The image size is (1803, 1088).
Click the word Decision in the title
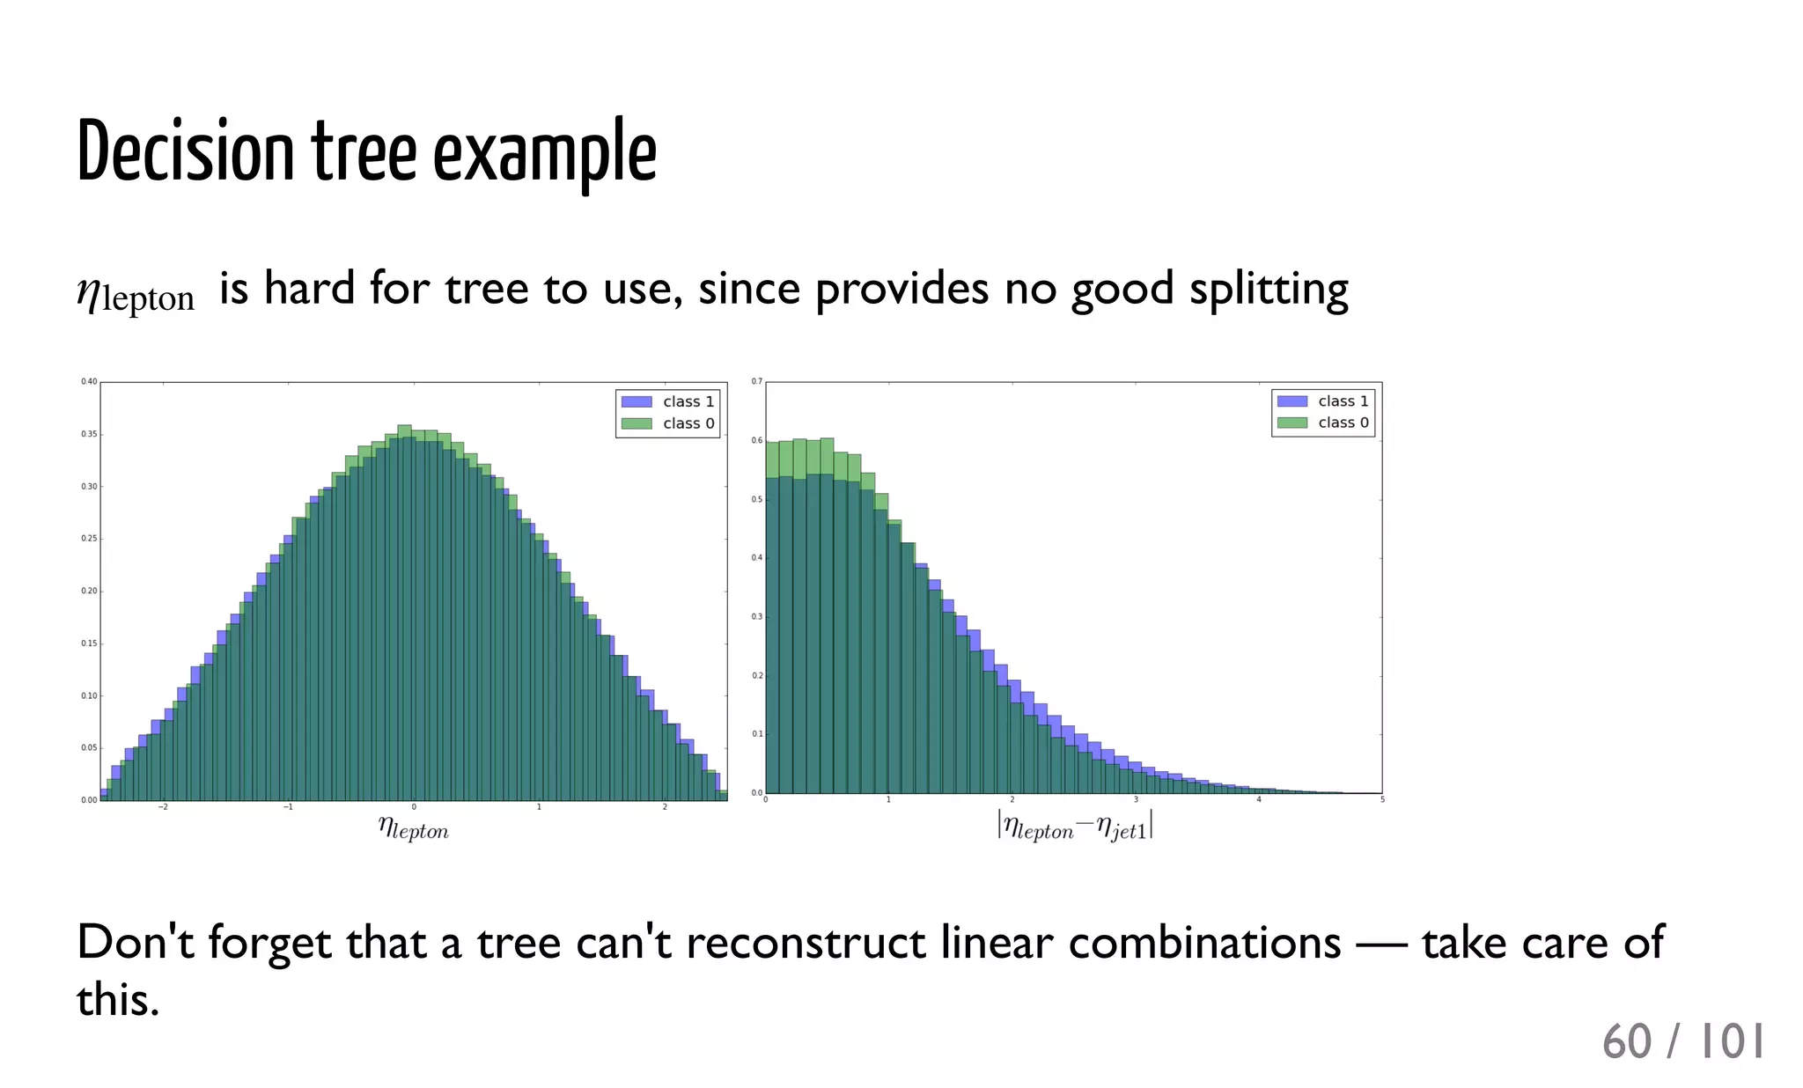click(x=185, y=152)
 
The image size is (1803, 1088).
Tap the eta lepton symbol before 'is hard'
click(x=136, y=294)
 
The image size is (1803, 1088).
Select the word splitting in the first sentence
click(x=1269, y=290)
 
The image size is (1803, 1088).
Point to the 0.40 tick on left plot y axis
click(x=89, y=381)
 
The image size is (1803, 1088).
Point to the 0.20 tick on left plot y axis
click(x=89, y=591)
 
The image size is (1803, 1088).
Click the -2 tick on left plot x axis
click(x=162, y=807)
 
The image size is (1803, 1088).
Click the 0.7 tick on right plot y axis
click(x=756, y=381)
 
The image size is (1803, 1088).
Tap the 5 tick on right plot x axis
click(x=1382, y=799)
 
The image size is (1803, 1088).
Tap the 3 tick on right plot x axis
click(x=1136, y=799)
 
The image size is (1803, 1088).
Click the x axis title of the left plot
click(x=413, y=827)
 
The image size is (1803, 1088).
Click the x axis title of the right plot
click(x=1075, y=826)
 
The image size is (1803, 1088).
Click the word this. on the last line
click(x=118, y=1000)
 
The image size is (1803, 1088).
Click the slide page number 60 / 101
click(x=1682, y=1041)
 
